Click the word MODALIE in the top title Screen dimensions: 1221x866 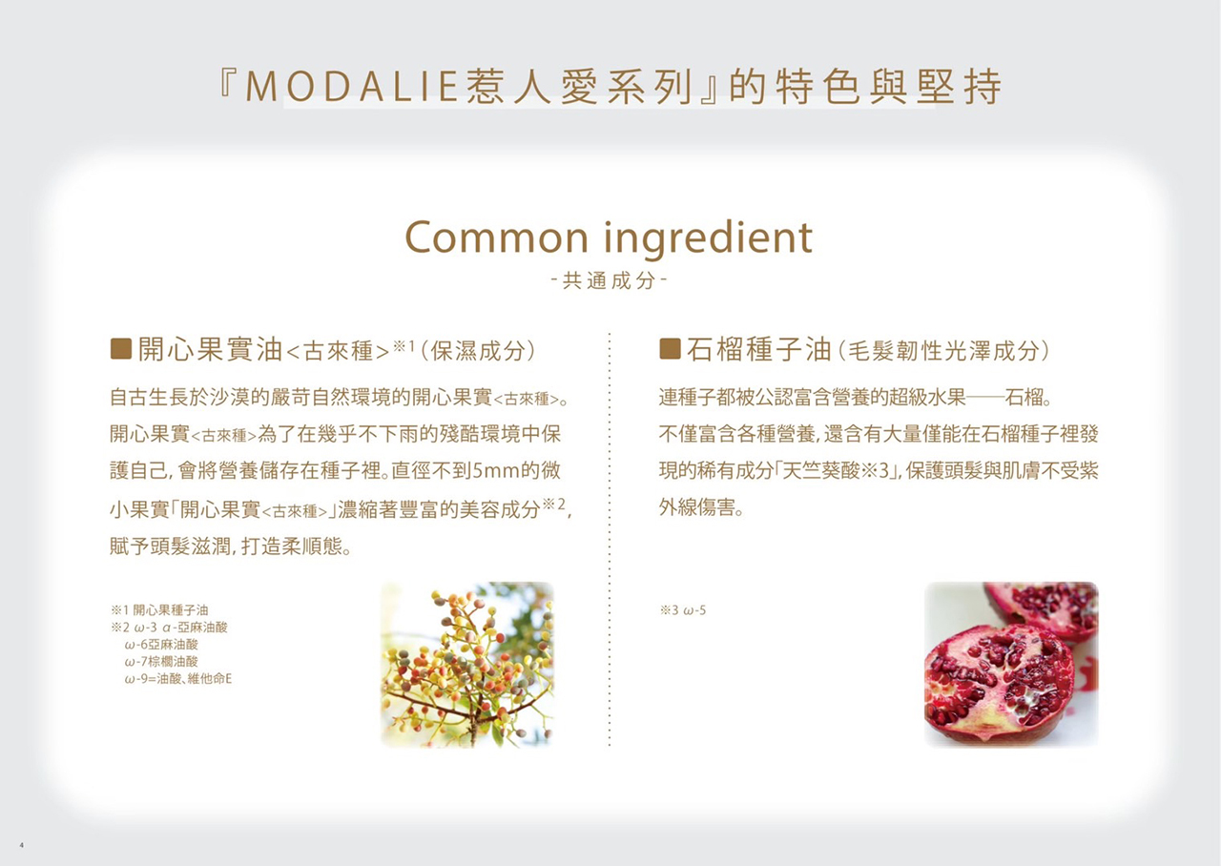coord(352,87)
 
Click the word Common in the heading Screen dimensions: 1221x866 coord(497,237)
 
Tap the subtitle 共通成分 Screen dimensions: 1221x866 coord(609,280)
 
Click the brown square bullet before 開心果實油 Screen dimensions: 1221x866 coord(120,349)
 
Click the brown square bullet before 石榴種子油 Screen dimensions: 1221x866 coord(670,349)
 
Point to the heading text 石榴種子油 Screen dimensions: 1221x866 coord(758,349)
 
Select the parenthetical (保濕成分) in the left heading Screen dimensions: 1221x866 coord(479,351)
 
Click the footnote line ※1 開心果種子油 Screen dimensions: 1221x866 coord(159,609)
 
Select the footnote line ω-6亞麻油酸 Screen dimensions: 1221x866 coord(161,645)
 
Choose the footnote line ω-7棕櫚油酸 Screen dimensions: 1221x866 coord(161,662)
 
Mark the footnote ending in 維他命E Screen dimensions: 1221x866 coord(178,679)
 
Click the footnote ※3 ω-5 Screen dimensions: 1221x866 coord(682,610)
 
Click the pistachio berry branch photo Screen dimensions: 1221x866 coord(467,665)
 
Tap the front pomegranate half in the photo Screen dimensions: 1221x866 coord(999,684)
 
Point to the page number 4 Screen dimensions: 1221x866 coord(21,845)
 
